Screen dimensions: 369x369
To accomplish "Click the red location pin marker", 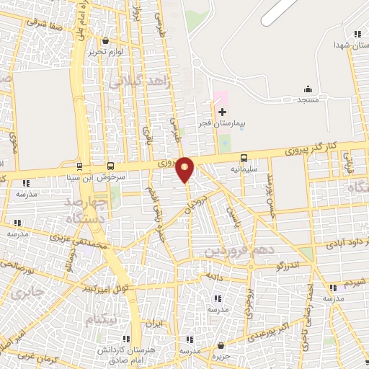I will pos(185,169).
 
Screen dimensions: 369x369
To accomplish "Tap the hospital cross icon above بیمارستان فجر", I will pos(222,112).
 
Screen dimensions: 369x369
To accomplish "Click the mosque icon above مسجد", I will pos(308,89).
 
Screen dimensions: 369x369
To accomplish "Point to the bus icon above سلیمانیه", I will pos(244,157).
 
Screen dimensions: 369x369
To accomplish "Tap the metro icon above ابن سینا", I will pos(78,164).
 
